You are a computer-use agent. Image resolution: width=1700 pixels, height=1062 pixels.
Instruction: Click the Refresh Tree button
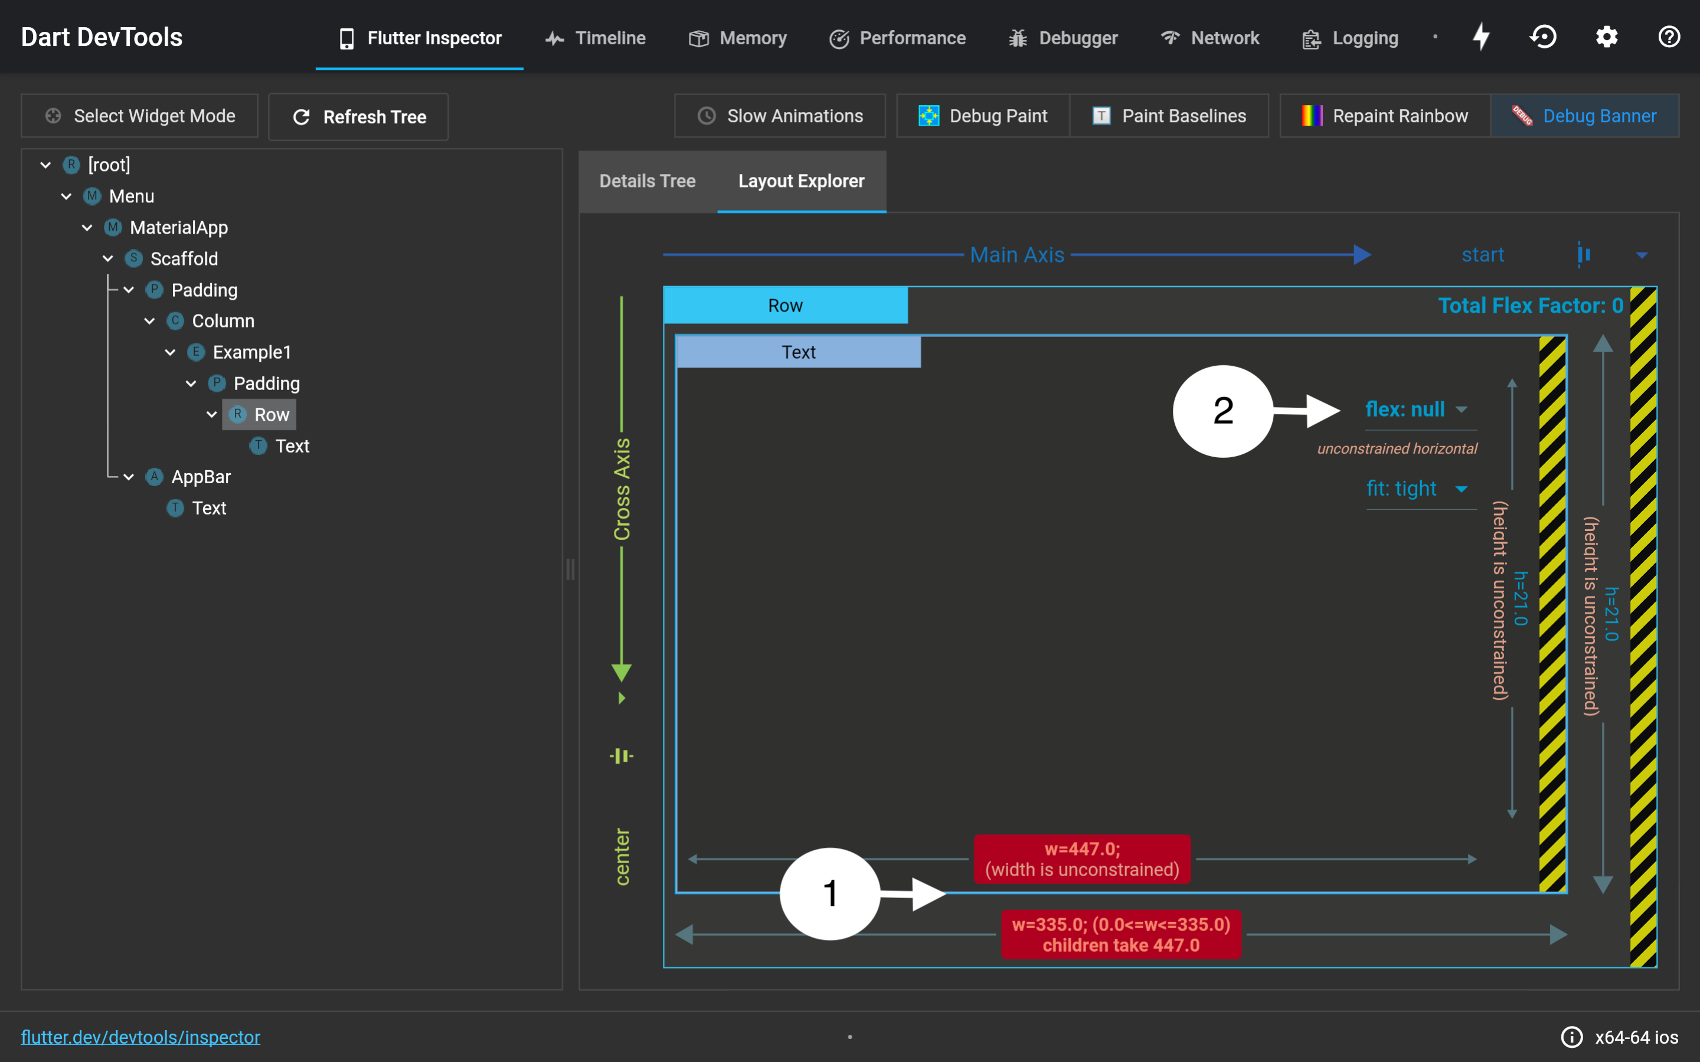[x=358, y=117]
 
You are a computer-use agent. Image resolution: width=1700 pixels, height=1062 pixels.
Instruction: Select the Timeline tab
[x=596, y=38]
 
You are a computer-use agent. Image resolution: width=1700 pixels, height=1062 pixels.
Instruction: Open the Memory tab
[x=738, y=38]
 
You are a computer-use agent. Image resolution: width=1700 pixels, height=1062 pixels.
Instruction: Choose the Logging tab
[x=1350, y=38]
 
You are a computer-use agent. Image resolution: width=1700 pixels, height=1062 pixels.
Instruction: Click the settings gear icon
[x=1607, y=37]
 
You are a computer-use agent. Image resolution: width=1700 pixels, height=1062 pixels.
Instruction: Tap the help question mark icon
[x=1669, y=37]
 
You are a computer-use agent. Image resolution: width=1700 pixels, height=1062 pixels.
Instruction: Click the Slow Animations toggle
[x=780, y=116]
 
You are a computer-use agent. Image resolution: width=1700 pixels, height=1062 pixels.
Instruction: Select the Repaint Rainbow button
[x=1385, y=116]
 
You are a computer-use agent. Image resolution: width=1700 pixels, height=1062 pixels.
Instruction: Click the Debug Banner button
[x=1585, y=116]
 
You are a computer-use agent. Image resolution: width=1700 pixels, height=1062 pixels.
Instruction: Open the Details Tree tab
[x=648, y=181]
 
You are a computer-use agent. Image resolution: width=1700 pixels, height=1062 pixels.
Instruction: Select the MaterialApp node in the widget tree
[x=178, y=228]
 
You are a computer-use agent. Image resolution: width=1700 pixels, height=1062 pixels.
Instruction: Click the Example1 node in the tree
[x=251, y=352]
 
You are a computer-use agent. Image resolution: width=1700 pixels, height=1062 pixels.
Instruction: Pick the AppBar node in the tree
[x=201, y=477]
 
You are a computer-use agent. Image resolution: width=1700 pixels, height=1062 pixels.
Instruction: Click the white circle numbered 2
[x=1223, y=411]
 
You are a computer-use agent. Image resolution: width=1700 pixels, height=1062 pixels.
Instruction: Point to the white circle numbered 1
[x=831, y=893]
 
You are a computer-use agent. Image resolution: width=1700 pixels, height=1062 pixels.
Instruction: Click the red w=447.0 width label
[x=1083, y=859]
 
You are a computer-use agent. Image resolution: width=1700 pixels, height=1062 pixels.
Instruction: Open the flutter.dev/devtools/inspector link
[x=140, y=1037]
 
